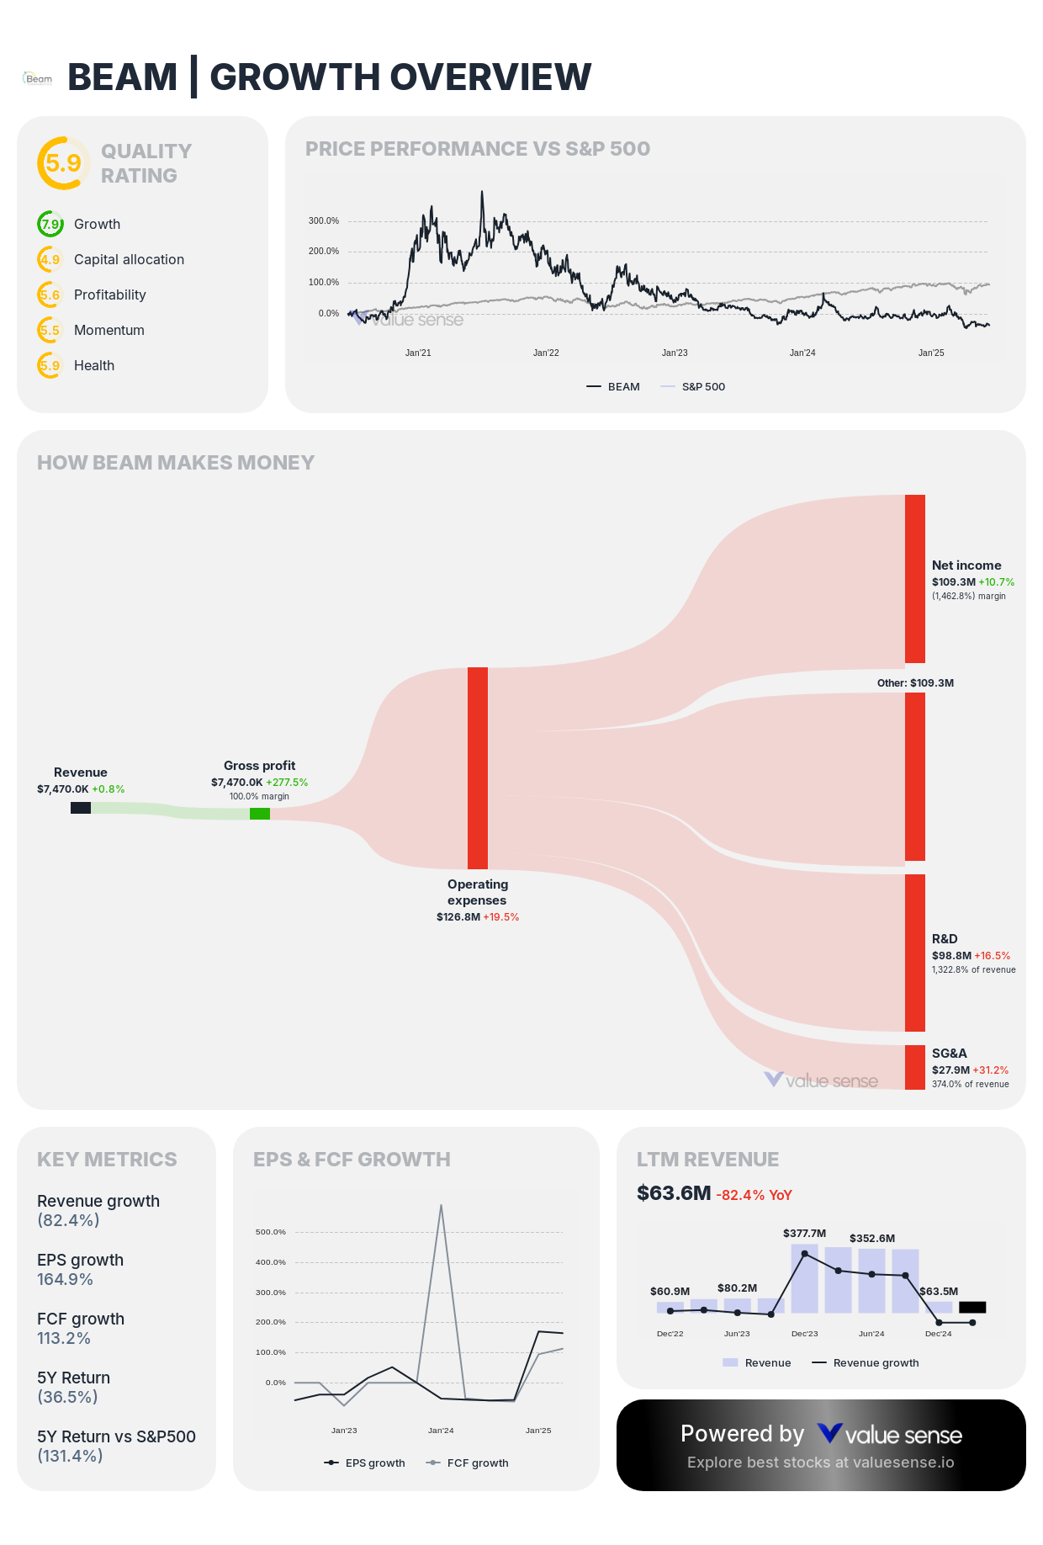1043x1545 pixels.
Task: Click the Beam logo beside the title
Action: coord(38,78)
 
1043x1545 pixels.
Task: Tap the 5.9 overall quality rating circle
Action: coord(63,163)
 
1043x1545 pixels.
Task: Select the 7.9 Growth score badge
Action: coord(50,225)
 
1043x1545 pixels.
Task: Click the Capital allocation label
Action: coord(129,259)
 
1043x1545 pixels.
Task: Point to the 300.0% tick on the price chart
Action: coord(324,221)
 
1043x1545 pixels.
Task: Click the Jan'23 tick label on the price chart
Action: coord(675,353)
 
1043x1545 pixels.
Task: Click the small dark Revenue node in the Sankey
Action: coord(81,808)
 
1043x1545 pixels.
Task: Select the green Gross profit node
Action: coord(260,814)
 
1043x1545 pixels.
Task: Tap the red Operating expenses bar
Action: coord(478,767)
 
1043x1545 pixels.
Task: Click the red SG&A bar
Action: coord(915,1067)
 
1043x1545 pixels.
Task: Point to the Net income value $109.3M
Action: coord(953,582)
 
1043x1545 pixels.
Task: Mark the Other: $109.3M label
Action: coord(915,683)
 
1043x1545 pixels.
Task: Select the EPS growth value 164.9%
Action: coord(65,1279)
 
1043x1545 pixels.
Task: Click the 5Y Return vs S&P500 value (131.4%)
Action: coord(70,1456)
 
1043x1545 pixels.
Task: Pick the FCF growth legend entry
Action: coord(477,1463)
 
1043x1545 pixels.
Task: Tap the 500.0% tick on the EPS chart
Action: coord(271,1232)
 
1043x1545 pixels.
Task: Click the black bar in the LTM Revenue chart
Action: coord(972,1307)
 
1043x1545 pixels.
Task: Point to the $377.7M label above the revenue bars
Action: coord(804,1234)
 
